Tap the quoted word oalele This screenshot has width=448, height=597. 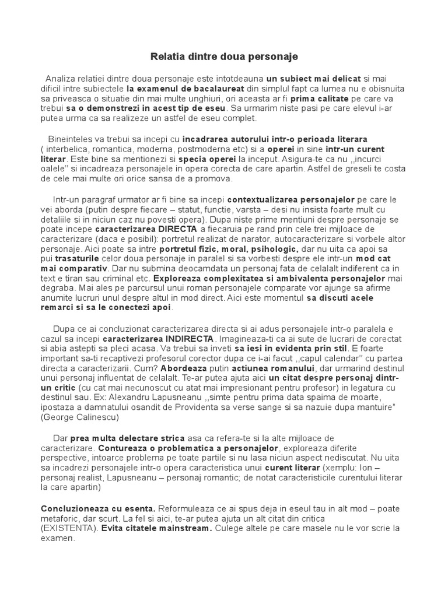54,170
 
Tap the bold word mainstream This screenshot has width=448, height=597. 184,529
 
